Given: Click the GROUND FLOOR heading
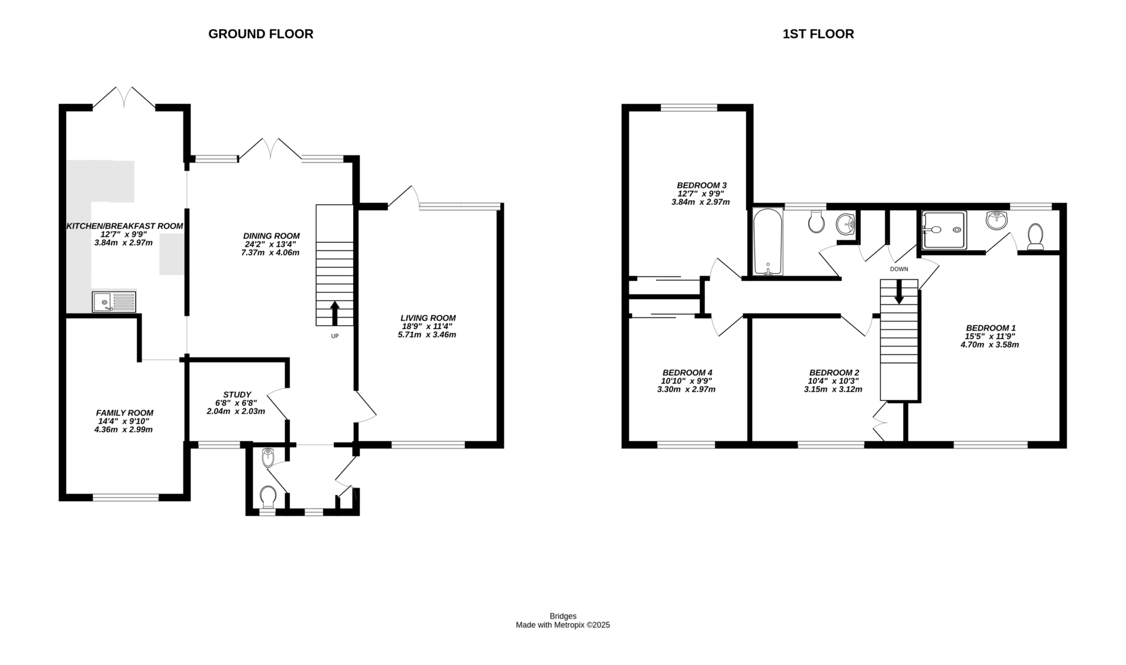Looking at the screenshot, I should click(260, 34).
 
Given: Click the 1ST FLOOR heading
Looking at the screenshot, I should click(818, 34).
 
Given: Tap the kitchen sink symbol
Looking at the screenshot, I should click(114, 302).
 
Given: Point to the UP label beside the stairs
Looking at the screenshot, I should click(335, 336).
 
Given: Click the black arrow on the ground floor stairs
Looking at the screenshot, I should click(335, 313).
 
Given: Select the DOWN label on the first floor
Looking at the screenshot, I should click(898, 269).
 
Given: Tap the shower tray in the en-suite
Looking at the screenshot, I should click(944, 230).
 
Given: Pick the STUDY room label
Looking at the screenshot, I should click(237, 394).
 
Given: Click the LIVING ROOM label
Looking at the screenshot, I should click(428, 318).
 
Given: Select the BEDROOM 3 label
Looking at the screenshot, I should click(701, 185).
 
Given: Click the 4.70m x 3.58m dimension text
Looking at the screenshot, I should click(989, 345).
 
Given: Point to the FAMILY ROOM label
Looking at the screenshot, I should click(125, 413).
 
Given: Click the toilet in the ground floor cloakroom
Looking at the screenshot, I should click(269, 497).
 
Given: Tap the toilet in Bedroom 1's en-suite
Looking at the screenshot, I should click(1036, 237).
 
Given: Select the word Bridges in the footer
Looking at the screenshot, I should click(563, 616).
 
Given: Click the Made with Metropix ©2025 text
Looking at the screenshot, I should click(563, 626).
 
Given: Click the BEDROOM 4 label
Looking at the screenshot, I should click(687, 373).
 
